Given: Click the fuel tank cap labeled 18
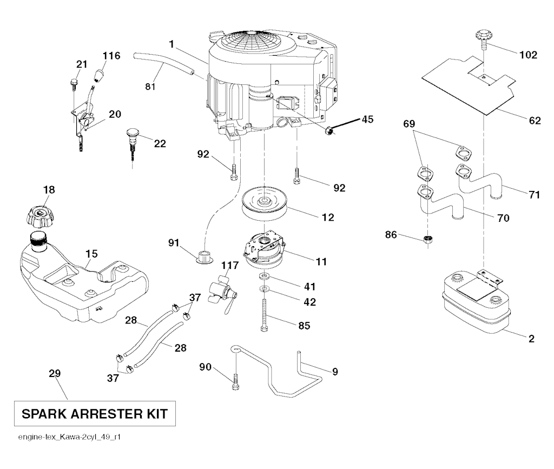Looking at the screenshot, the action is (39, 216).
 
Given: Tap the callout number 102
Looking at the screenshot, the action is (528, 55).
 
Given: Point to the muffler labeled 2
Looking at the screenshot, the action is (476, 304).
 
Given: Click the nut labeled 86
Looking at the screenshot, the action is (428, 240).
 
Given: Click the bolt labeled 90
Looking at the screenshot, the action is (235, 382).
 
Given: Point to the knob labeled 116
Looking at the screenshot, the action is (100, 75).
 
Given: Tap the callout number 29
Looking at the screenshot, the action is (55, 373).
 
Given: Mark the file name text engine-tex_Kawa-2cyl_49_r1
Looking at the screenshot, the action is (69, 437).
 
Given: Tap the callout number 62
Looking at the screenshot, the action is (535, 121).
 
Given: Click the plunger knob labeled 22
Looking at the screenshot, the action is (133, 140).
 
